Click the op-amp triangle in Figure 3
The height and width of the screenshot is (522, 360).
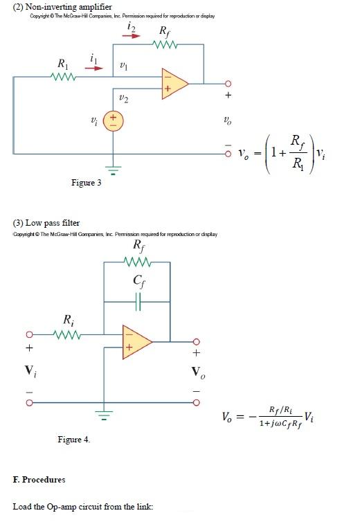pos(174,82)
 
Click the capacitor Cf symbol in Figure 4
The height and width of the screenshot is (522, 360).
pos(136,302)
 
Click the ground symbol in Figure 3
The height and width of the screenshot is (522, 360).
pos(114,169)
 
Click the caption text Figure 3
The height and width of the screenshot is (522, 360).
pos(86,183)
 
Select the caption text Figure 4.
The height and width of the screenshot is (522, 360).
pos(74,439)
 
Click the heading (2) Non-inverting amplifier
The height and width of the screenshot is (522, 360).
pos(57,7)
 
